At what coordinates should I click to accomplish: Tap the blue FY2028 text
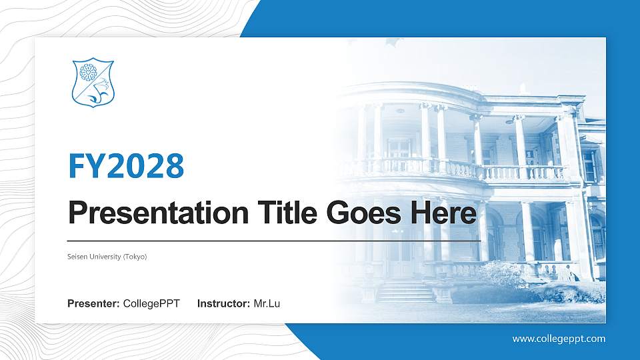tap(126, 165)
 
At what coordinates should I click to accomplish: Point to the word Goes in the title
tap(361, 213)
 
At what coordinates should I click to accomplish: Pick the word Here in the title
tap(444, 213)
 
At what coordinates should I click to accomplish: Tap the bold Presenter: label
tap(93, 304)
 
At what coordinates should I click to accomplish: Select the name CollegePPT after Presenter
tap(151, 304)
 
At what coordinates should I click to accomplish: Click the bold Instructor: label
tap(224, 304)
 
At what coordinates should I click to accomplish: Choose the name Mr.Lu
tap(267, 304)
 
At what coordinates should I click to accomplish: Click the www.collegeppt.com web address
tap(559, 339)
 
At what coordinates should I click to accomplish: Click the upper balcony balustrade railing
tap(460, 170)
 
